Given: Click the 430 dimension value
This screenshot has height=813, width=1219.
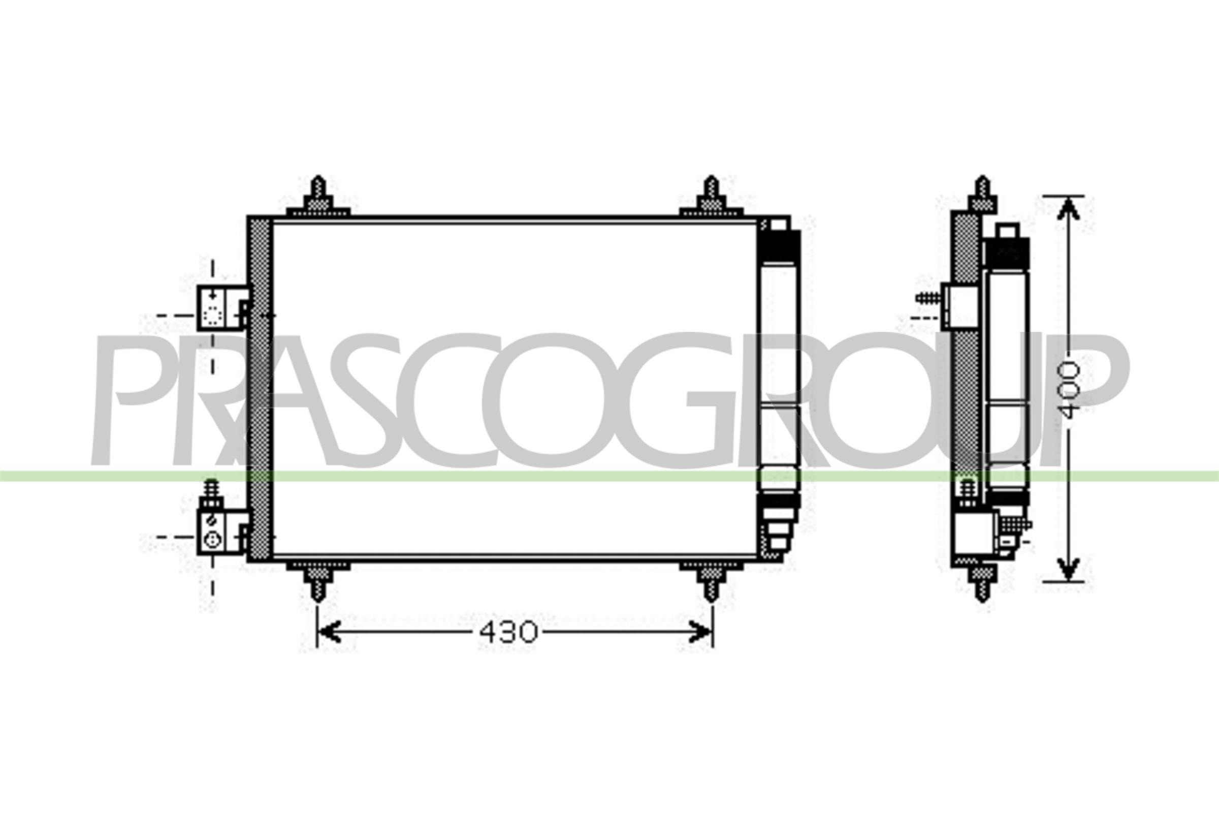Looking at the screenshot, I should pos(508,633).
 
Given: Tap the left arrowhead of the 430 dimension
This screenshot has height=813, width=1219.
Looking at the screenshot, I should pos(328,632).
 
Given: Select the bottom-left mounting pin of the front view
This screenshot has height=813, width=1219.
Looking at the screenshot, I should pos(318,581).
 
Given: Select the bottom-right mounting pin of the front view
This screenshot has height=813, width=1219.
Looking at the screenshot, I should pos(711,581).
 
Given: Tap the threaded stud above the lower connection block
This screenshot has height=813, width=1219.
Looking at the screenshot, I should pos(210,490).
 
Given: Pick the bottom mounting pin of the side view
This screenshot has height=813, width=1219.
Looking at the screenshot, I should pos(982,581).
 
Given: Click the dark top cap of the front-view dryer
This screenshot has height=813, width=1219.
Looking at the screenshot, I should pos(779,248).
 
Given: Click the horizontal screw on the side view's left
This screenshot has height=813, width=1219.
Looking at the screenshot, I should pos(928,298).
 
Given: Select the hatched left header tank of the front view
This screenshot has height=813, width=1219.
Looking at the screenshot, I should pos(259,389).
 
